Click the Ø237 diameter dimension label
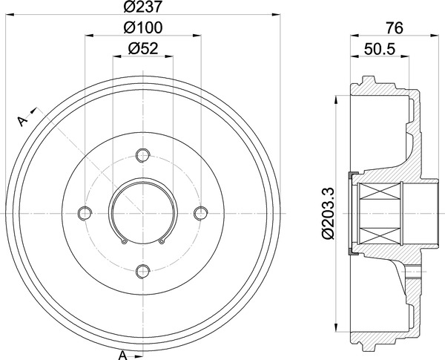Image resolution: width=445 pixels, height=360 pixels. pyautogui.click(x=142, y=6)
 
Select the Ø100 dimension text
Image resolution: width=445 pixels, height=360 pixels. pyautogui.click(x=143, y=27)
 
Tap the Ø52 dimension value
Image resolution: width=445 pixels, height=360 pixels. pyautogui.click(x=142, y=48)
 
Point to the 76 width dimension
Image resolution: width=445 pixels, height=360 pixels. pyautogui.click(x=395, y=28)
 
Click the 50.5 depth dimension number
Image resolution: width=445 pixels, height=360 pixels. pyautogui.click(x=380, y=49)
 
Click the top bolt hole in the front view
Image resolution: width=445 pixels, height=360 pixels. pyautogui.click(x=142, y=155)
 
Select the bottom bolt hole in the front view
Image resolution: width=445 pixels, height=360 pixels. pyautogui.click(x=142, y=272)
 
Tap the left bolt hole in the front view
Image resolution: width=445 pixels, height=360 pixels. pyautogui.click(x=85, y=213)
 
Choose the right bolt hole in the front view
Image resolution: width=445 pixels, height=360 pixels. pyautogui.click(x=201, y=213)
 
